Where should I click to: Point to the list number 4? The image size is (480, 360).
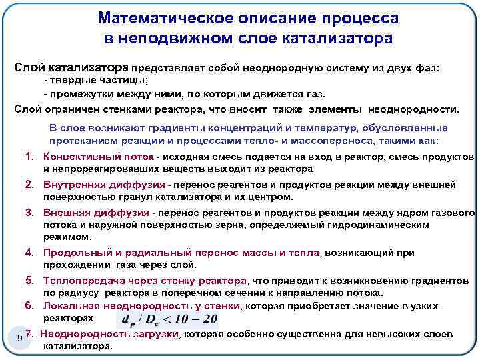30,253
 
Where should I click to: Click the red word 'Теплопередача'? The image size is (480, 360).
77,280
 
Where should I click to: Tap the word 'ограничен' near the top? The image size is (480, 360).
67,109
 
